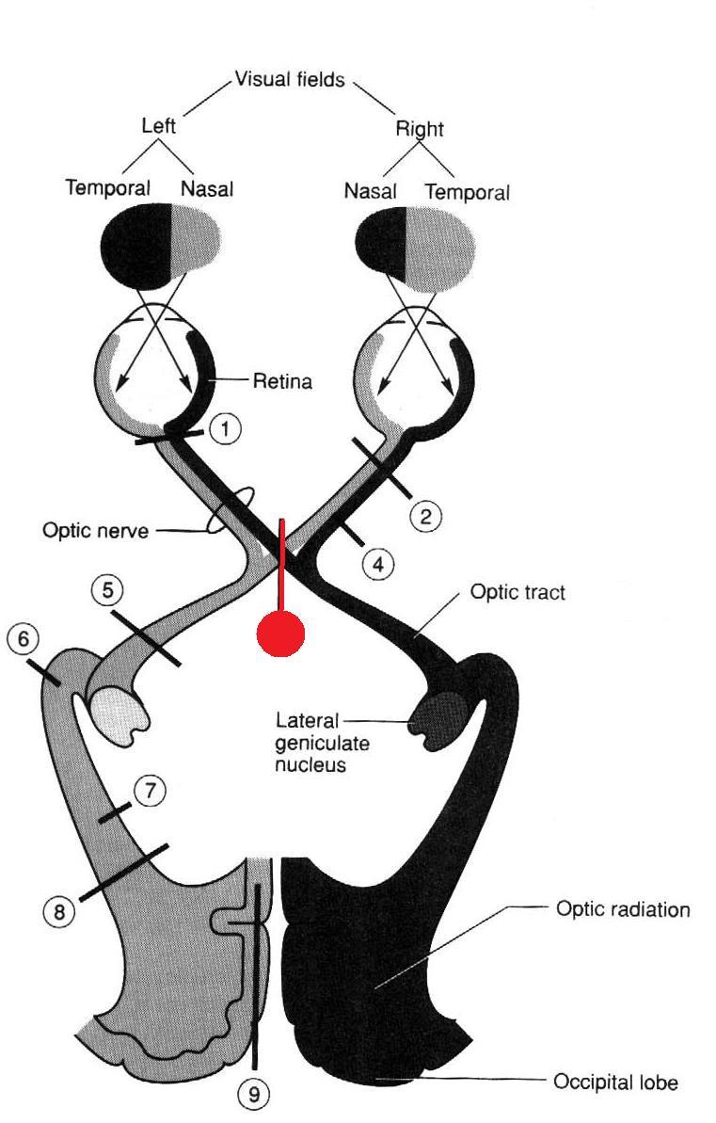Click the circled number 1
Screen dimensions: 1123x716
pyautogui.click(x=225, y=430)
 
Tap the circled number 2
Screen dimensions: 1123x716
pyautogui.click(x=426, y=516)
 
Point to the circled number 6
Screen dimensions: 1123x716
pyautogui.click(x=23, y=639)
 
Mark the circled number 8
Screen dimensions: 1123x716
pyautogui.click(x=58, y=911)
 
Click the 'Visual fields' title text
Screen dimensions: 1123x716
pyautogui.click(x=292, y=80)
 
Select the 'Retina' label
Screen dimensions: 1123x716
pyautogui.click(x=282, y=382)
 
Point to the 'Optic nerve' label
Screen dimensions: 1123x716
pyautogui.click(x=95, y=531)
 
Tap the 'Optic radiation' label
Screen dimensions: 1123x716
pyautogui.click(x=623, y=910)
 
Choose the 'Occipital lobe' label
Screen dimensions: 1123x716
pyautogui.click(x=615, y=1083)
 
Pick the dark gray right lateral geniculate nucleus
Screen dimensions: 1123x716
pyautogui.click(x=440, y=721)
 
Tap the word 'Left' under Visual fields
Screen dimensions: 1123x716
pyautogui.click(x=158, y=125)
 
